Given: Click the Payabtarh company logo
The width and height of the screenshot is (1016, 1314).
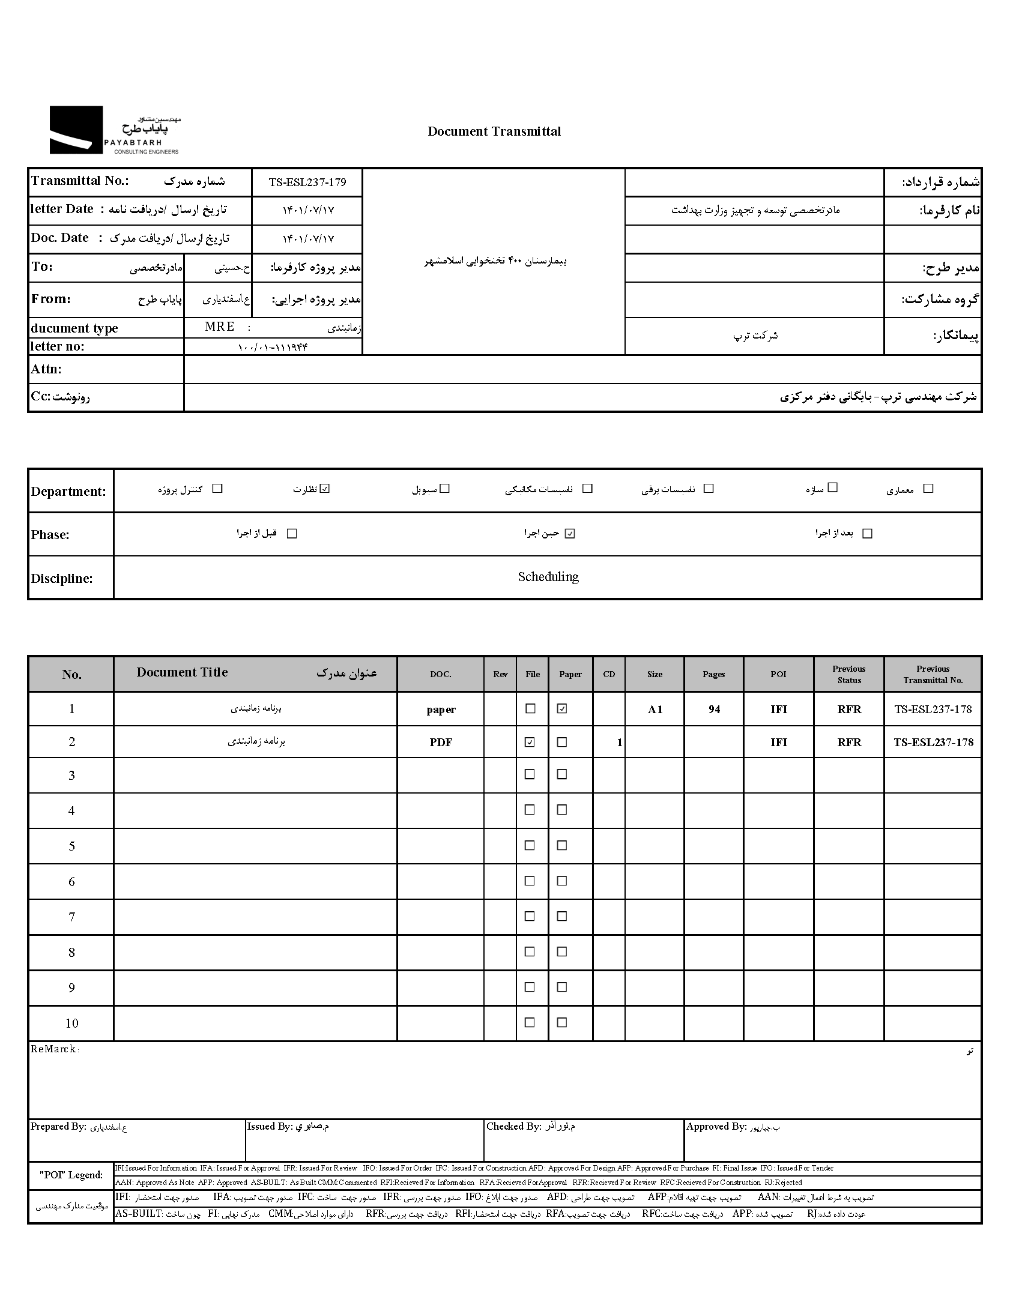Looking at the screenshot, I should (114, 130).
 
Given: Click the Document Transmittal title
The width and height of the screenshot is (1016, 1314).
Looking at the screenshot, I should (494, 132).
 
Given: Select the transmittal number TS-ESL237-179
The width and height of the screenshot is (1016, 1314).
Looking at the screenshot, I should (307, 182).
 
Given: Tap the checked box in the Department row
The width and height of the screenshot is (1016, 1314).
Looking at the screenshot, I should (325, 489).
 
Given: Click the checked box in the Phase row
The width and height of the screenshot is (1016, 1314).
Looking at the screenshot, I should (570, 534).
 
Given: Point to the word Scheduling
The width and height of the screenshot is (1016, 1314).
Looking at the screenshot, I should (548, 577).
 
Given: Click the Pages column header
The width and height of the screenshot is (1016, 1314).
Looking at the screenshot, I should (713, 675).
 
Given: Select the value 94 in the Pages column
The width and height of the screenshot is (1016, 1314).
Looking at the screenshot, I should (714, 710).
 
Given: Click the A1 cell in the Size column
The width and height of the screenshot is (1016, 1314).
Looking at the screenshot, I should (655, 710).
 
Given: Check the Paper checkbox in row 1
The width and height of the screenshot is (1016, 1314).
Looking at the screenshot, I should (561, 709).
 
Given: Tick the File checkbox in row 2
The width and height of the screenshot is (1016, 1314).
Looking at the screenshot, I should (530, 742).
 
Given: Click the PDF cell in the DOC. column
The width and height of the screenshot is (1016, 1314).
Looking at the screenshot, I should (441, 743).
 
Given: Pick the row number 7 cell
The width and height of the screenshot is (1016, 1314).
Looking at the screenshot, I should (71, 917).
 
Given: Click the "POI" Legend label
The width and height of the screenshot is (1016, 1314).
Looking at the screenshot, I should (71, 1175).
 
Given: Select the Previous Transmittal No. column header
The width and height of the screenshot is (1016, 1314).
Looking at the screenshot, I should (933, 675).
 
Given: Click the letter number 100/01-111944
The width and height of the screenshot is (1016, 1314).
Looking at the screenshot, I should (273, 347).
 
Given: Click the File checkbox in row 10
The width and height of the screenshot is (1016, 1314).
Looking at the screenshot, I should (530, 1022).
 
